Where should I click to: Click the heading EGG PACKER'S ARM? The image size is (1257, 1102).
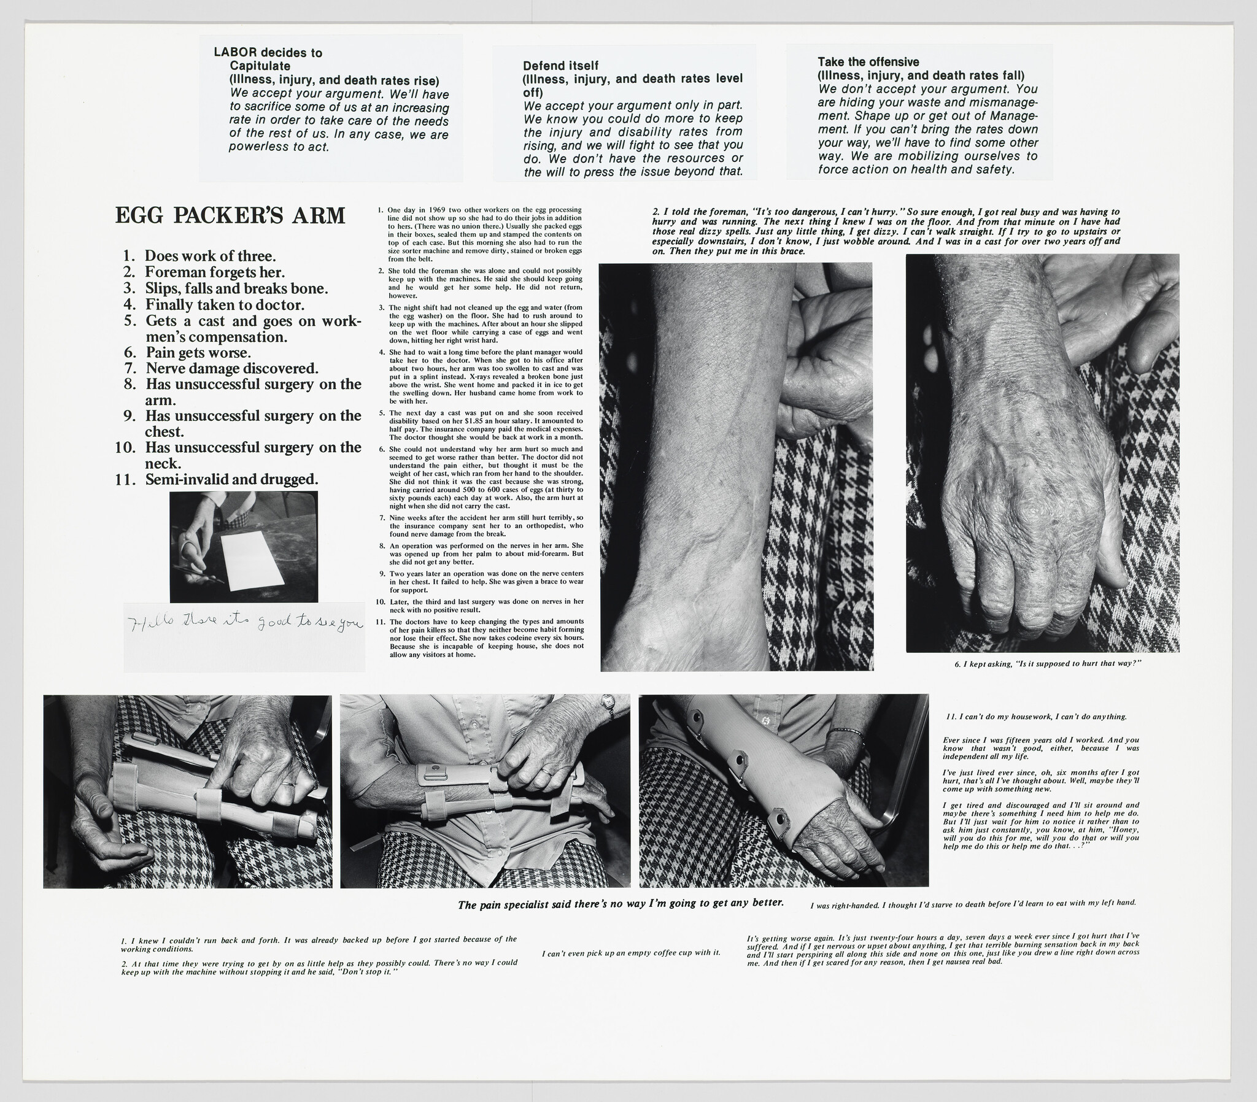[x=230, y=216]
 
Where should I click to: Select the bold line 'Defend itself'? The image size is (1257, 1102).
[x=560, y=65]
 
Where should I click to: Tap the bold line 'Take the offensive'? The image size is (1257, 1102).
[x=868, y=61]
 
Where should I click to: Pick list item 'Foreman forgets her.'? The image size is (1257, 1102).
[x=215, y=272]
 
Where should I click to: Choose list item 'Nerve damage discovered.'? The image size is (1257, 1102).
[x=232, y=368]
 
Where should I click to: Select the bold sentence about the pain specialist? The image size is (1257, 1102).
[x=621, y=903]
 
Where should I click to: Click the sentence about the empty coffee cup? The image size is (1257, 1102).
[x=631, y=953]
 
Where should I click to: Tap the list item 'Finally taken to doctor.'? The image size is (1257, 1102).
[x=225, y=304]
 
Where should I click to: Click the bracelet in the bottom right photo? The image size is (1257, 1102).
[x=847, y=731]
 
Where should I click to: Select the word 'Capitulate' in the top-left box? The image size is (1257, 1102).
[x=260, y=66]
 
